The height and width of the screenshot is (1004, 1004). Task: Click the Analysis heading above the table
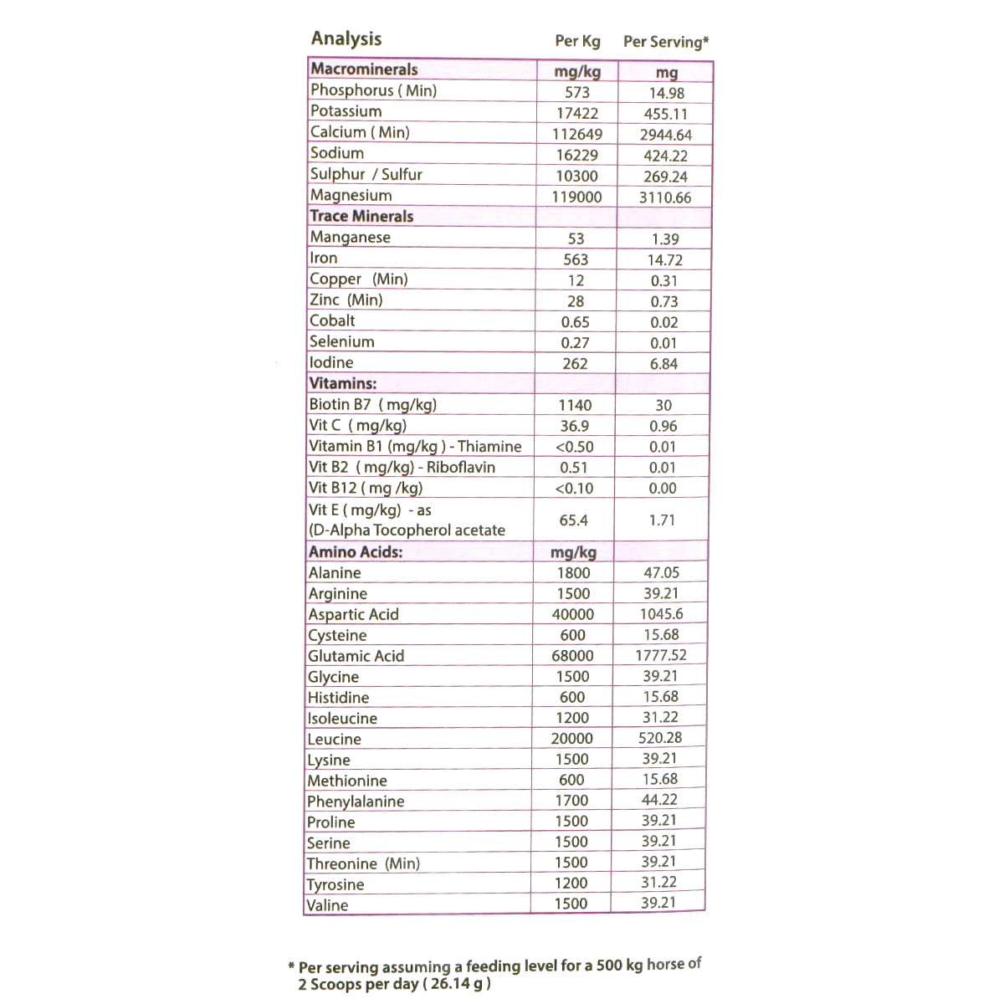[346, 38]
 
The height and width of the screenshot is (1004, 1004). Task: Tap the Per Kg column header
[577, 41]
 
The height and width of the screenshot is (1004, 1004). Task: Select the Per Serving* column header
[666, 42]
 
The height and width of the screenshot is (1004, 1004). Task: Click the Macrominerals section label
[364, 69]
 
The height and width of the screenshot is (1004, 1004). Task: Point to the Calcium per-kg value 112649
[577, 134]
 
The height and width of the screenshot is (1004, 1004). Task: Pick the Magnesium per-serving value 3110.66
[665, 197]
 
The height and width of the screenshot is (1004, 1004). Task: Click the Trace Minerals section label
[361, 216]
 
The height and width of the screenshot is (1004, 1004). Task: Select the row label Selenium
[341, 341]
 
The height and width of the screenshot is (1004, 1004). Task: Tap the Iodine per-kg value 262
[575, 364]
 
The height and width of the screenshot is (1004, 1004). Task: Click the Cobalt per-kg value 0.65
[575, 322]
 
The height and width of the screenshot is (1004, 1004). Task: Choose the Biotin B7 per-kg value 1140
[575, 405]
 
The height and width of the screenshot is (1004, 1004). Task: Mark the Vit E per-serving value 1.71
[662, 520]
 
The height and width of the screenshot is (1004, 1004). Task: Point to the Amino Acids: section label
[356, 552]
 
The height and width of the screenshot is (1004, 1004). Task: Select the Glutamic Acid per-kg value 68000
[572, 656]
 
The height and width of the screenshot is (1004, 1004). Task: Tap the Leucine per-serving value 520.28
[660, 738]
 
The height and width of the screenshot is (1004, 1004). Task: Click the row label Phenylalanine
[356, 802]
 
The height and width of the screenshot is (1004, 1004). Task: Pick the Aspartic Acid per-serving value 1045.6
[661, 614]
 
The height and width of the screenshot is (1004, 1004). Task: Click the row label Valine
[327, 905]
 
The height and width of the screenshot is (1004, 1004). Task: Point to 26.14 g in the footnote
[457, 984]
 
